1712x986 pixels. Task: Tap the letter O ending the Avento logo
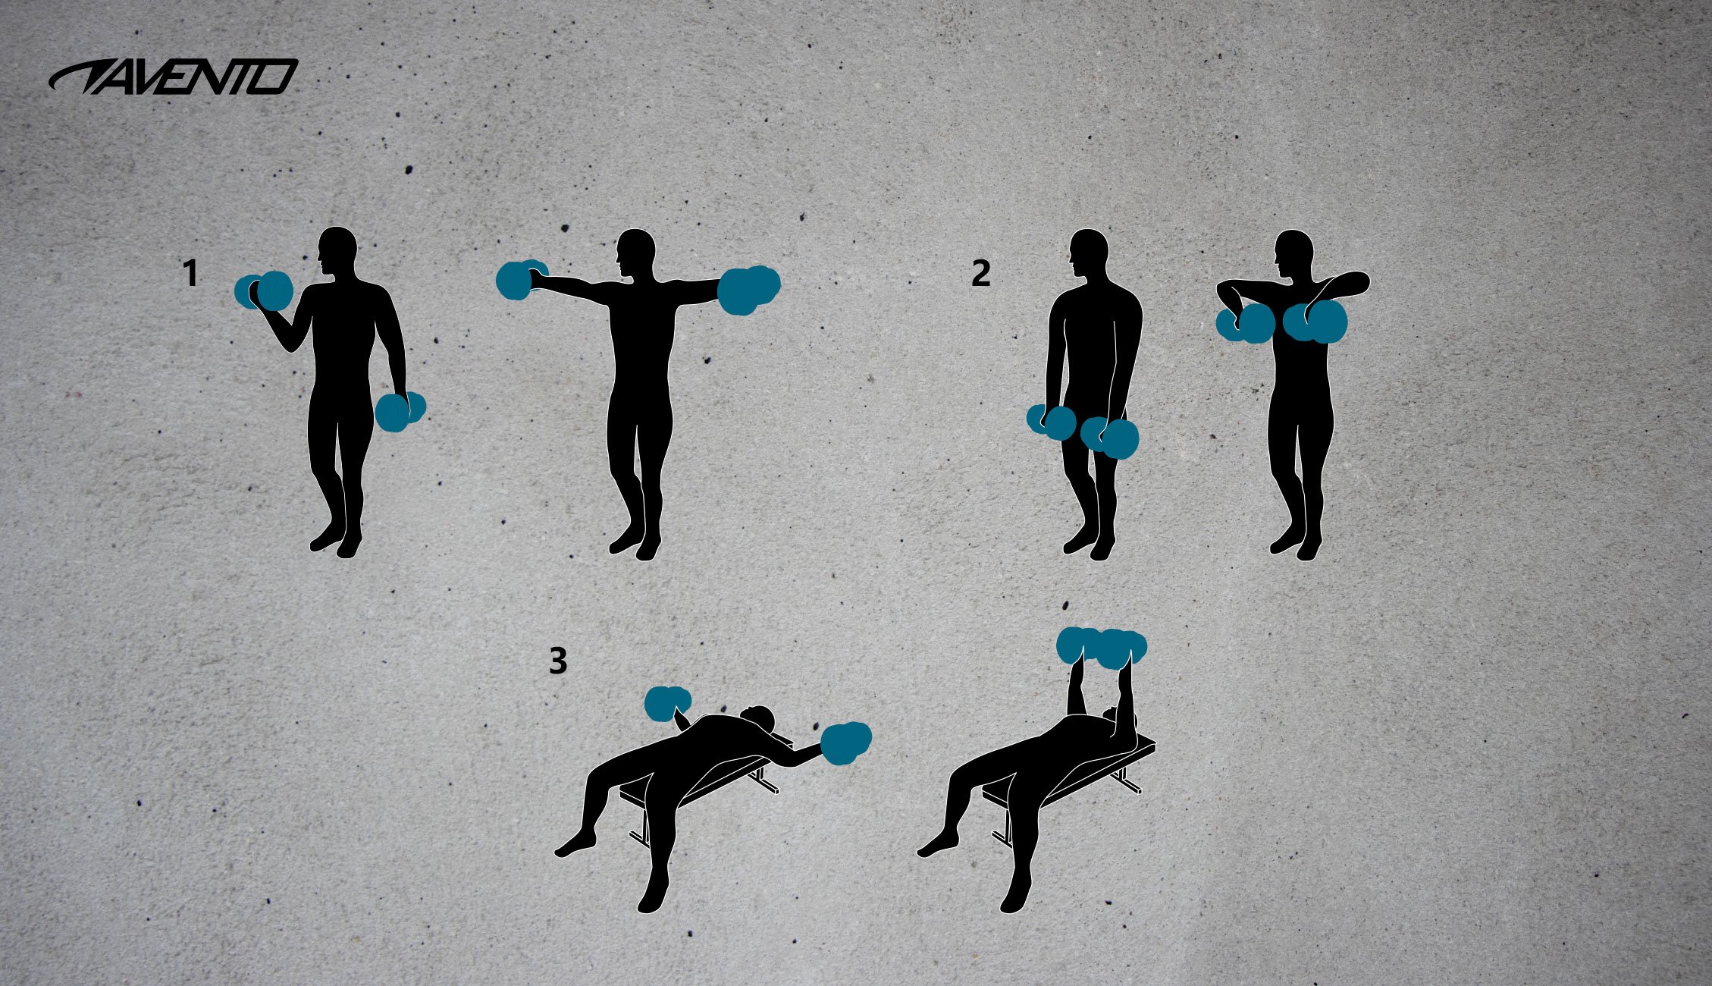pyautogui.click(x=277, y=77)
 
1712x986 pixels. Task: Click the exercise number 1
pyautogui.click(x=191, y=274)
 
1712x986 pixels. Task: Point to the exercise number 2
pyautogui.click(x=980, y=274)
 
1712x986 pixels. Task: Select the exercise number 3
pyautogui.click(x=558, y=662)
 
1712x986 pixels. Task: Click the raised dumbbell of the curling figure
pyautogui.click(x=265, y=291)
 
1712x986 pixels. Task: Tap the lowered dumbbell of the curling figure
pyautogui.click(x=400, y=411)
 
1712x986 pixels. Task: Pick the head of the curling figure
pyautogui.click(x=337, y=253)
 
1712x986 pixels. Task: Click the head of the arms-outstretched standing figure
pyautogui.click(x=636, y=254)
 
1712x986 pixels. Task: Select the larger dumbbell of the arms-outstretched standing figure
pyautogui.click(x=748, y=289)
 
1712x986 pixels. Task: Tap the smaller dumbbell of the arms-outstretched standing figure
pyautogui.click(x=520, y=281)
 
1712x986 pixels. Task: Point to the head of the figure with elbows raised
pyautogui.click(x=1294, y=255)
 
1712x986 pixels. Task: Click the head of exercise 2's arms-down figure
pyautogui.click(x=1090, y=255)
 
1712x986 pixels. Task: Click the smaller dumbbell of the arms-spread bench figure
pyautogui.click(x=667, y=703)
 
